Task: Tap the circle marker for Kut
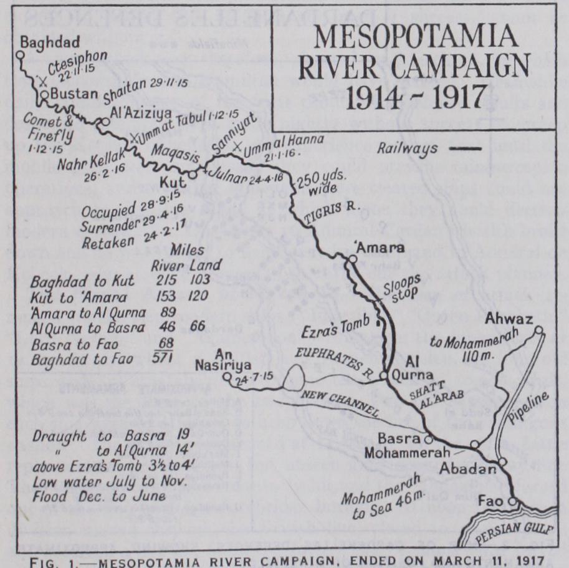(193, 175)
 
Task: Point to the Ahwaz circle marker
(538, 330)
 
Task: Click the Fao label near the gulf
(490, 500)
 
